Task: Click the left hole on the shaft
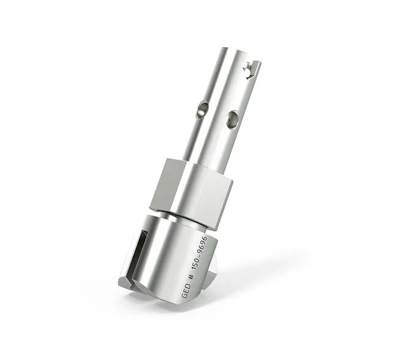tap(201, 110)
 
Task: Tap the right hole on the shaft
tap(232, 120)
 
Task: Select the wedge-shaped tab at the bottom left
tap(126, 282)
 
